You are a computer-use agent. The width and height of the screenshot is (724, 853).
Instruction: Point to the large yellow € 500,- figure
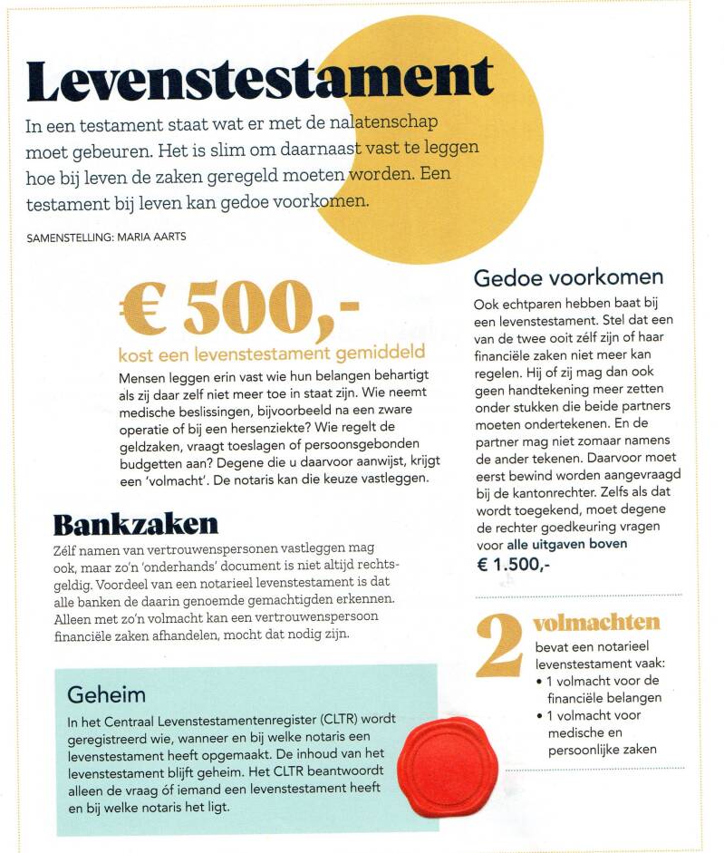click(x=239, y=308)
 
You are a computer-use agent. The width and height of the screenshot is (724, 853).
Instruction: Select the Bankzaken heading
click(x=136, y=525)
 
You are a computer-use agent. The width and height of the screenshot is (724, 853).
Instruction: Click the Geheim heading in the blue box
click(x=106, y=693)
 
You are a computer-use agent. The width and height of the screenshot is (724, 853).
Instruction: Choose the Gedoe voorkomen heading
click(x=568, y=276)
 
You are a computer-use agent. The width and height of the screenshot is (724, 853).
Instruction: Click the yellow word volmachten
click(x=596, y=623)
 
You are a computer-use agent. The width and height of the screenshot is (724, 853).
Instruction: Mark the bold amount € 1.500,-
click(x=513, y=564)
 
